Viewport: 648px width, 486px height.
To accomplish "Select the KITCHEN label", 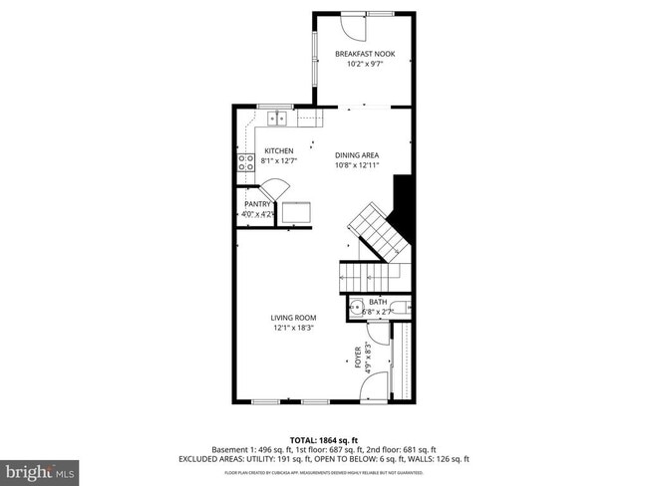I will pyautogui.click(x=278, y=151).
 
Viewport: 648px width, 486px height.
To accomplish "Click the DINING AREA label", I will pyautogui.click(x=356, y=154).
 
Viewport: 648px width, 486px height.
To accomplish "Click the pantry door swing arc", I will pyautogui.click(x=275, y=189).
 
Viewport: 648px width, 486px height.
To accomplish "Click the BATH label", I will pyautogui.click(x=378, y=302).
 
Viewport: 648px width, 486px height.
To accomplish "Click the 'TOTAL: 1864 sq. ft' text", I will pyautogui.click(x=323, y=438).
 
